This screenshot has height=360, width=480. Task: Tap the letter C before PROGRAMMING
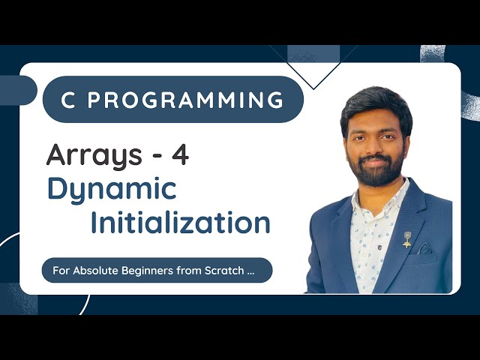[68, 100]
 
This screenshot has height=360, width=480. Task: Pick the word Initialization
[180, 223]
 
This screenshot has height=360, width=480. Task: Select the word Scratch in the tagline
[223, 270]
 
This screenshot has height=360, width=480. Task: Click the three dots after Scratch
[250, 271]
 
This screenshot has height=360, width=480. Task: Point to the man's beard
[379, 169]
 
